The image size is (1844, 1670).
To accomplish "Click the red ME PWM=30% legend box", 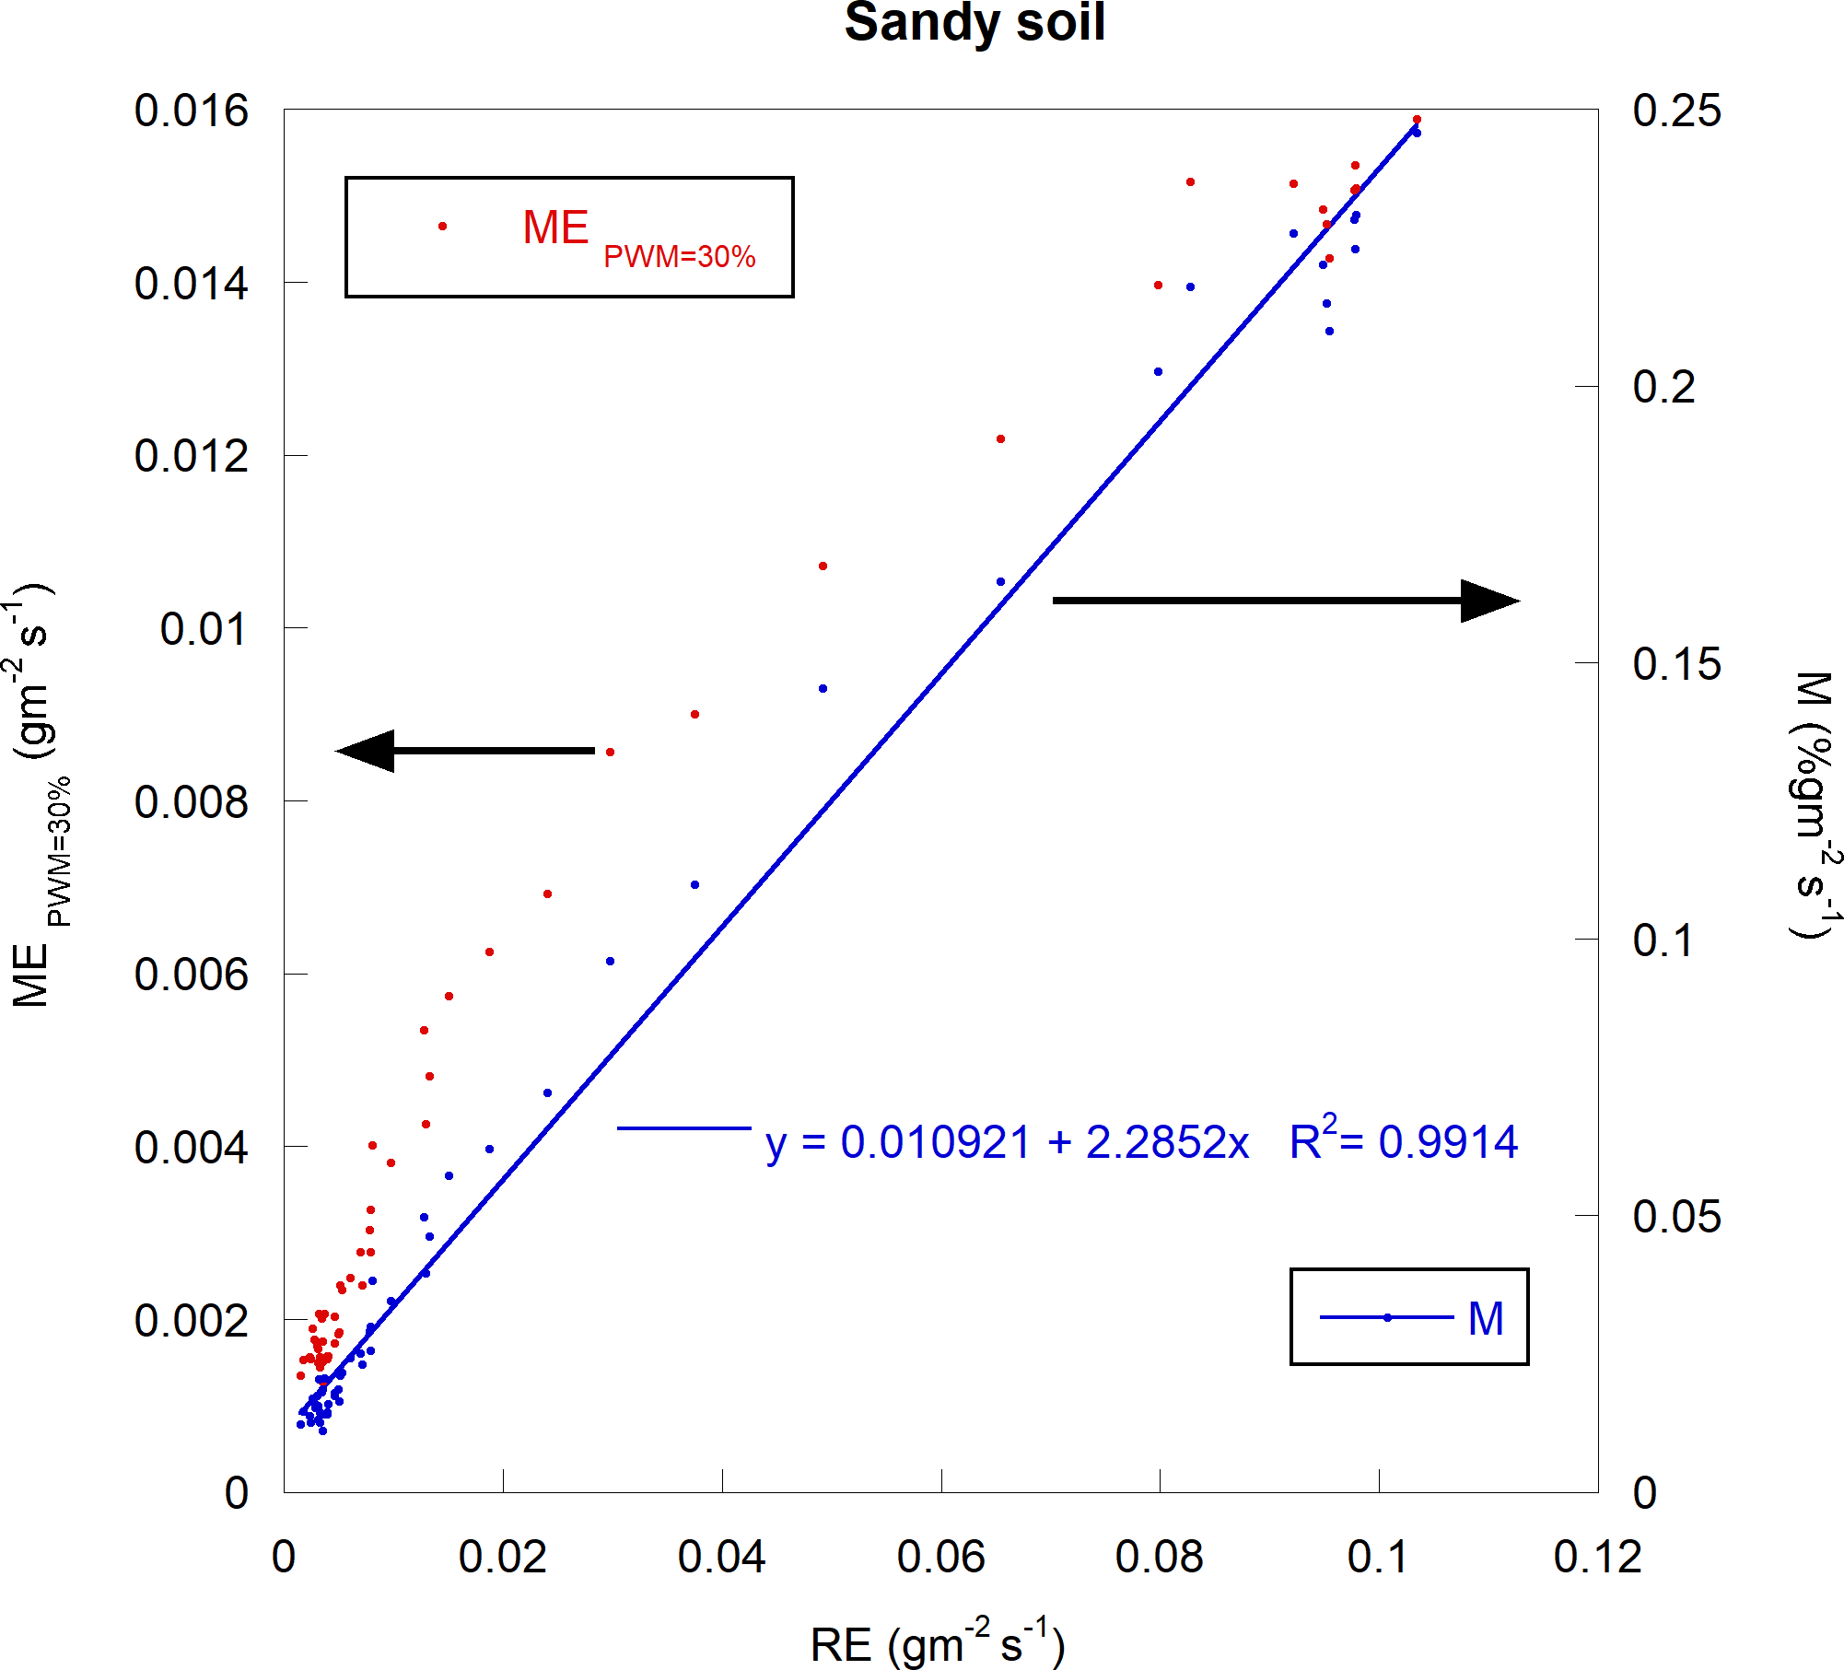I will tap(569, 237).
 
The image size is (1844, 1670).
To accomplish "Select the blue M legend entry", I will tap(1409, 1317).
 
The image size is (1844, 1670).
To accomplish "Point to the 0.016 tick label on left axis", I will tap(191, 111).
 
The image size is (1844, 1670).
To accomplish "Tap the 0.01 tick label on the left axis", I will tap(204, 630).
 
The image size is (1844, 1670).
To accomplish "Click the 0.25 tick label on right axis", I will tap(1676, 111).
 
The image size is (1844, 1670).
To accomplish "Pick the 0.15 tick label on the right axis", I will tap(1676, 664).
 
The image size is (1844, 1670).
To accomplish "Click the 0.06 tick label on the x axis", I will tap(940, 1557).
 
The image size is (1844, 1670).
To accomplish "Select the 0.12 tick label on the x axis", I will tap(1597, 1557).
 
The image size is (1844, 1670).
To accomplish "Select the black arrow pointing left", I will tap(466, 751).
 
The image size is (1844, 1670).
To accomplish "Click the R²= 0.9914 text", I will tap(1403, 1141).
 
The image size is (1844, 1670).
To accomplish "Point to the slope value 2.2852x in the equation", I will tap(1167, 1143).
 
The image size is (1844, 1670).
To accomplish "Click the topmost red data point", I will tap(1417, 120).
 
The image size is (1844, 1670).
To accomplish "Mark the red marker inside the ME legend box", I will tap(443, 226).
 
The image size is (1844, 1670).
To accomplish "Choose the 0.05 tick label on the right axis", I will tap(1676, 1217).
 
